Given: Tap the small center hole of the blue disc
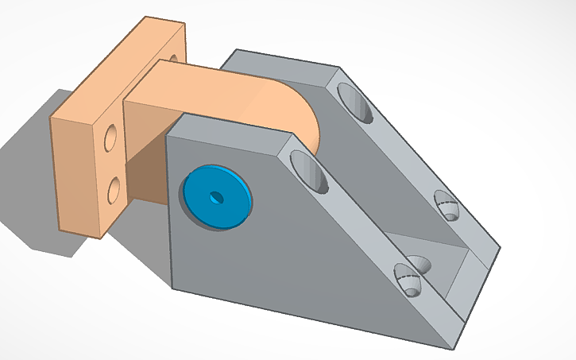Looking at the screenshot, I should click(x=215, y=195).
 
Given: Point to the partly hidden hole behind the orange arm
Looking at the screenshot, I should click(x=172, y=58).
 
